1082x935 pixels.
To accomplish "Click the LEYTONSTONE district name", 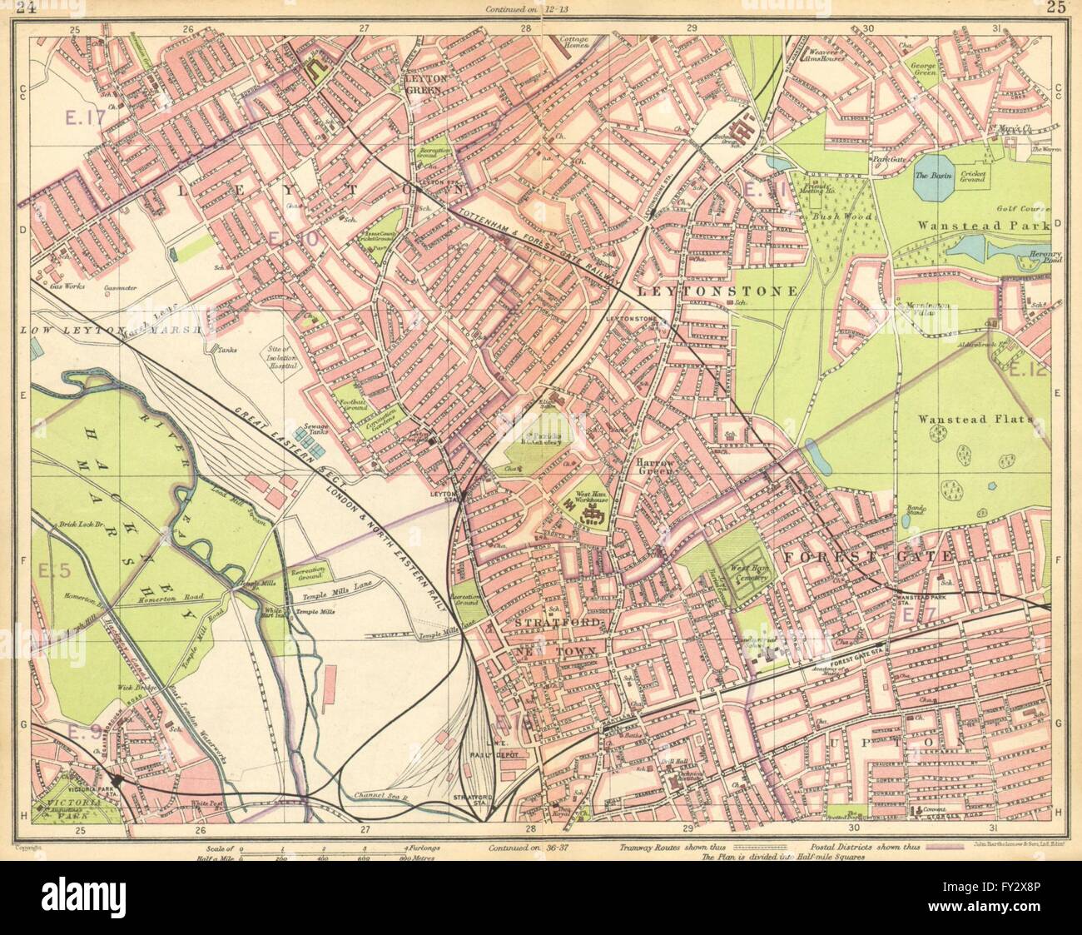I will pyautogui.click(x=717, y=291).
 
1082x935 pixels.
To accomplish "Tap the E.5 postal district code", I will pyautogui.click(x=56, y=569).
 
